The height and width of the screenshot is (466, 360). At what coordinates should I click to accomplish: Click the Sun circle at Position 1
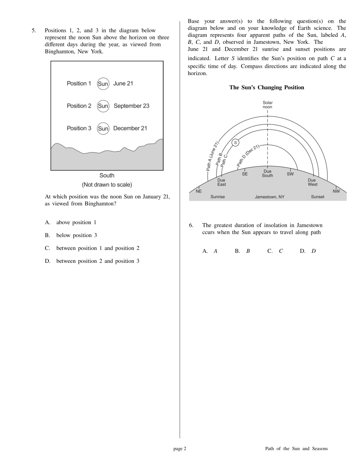click(x=103, y=84)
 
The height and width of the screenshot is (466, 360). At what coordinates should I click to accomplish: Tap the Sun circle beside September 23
click(x=103, y=106)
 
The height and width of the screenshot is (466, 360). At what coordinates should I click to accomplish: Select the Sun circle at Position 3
click(x=103, y=128)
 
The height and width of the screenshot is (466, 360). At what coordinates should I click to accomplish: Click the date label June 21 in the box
click(x=123, y=84)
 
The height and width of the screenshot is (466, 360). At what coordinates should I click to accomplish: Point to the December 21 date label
click(x=130, y=128)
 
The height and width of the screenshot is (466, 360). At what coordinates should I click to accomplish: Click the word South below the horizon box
click(x=107, y=176)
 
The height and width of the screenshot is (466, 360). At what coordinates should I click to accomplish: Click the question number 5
click(x=33, y=31)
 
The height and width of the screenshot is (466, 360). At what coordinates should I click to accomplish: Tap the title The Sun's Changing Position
click(x=267, y=88)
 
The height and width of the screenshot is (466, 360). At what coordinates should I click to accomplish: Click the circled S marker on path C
click(x=235, y=142)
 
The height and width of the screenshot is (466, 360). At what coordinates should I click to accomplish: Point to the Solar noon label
click(x=268, y=105)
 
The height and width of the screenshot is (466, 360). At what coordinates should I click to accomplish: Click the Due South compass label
click(x=267, y=173)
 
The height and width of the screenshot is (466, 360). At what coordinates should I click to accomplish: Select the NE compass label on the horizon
click(x=199, y=191)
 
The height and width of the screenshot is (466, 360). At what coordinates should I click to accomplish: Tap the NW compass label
click(x=336, y=191)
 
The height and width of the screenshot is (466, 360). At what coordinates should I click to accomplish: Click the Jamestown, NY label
click(x=270, y=197)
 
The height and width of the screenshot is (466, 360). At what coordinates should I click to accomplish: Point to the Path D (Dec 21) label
click(x=248, y=155)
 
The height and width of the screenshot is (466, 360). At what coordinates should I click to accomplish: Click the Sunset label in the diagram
click(x=318, y=197)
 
